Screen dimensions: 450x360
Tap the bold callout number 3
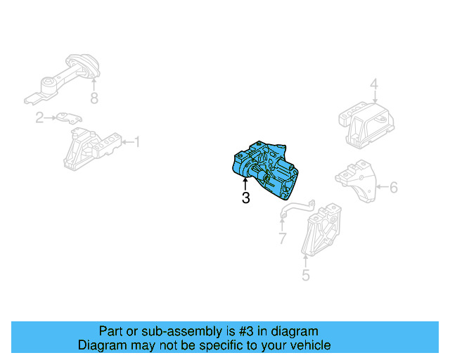(x=245, y=198)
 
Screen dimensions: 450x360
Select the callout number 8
(x=94, y=98)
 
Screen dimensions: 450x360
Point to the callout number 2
(x=39, y=117)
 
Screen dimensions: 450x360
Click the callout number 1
(x=137, y=142)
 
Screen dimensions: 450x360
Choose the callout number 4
(x=374, y=84)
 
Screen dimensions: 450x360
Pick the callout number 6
(x=394, y=187)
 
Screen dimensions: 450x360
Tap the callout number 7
(x=283, y=238)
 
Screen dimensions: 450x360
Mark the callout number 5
(x=306, y=275)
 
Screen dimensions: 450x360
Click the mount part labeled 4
(x=366, y=125)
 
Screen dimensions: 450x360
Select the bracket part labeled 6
(x=356, y=181)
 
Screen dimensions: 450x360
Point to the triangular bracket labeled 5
(x=321, y=230)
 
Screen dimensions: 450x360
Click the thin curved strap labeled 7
(x=297, y=207)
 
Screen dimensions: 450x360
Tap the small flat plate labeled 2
(x=69, y=118)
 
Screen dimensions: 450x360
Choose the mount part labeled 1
(x=92, y=149)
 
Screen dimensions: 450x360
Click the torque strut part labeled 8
(x=62, y=79)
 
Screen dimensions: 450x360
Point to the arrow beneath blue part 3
(x=245, y=184)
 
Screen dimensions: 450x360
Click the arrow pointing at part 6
(x=382, y=187)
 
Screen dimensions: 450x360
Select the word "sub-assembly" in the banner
(x=181, y=331)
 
